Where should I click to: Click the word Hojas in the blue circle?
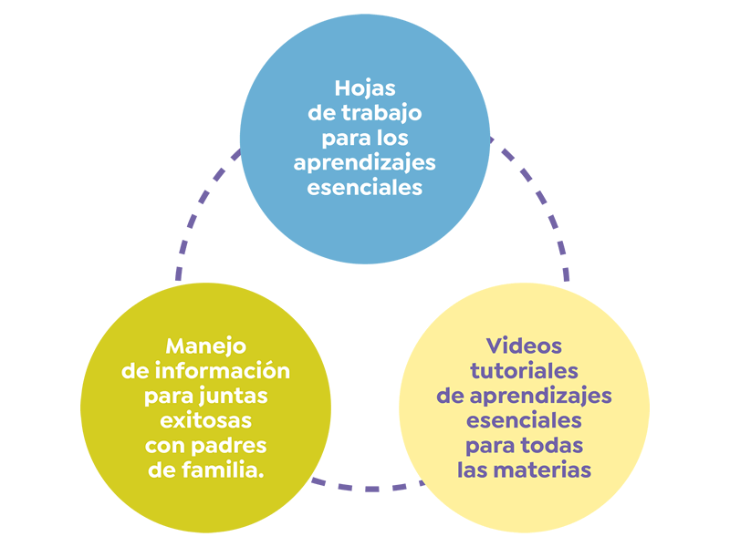coord(365,89)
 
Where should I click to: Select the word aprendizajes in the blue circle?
coord(365,164)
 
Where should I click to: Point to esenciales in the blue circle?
coord(365,188)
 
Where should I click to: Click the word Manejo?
coord(206,346)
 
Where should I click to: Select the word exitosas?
coord(206,421)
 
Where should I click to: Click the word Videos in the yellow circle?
coord(524,346)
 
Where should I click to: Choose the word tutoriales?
coord(524,371)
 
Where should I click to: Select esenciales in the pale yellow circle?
coord(524,420)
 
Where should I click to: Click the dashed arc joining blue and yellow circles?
coord(538,196)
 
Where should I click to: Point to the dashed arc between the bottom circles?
coord(365,489)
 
